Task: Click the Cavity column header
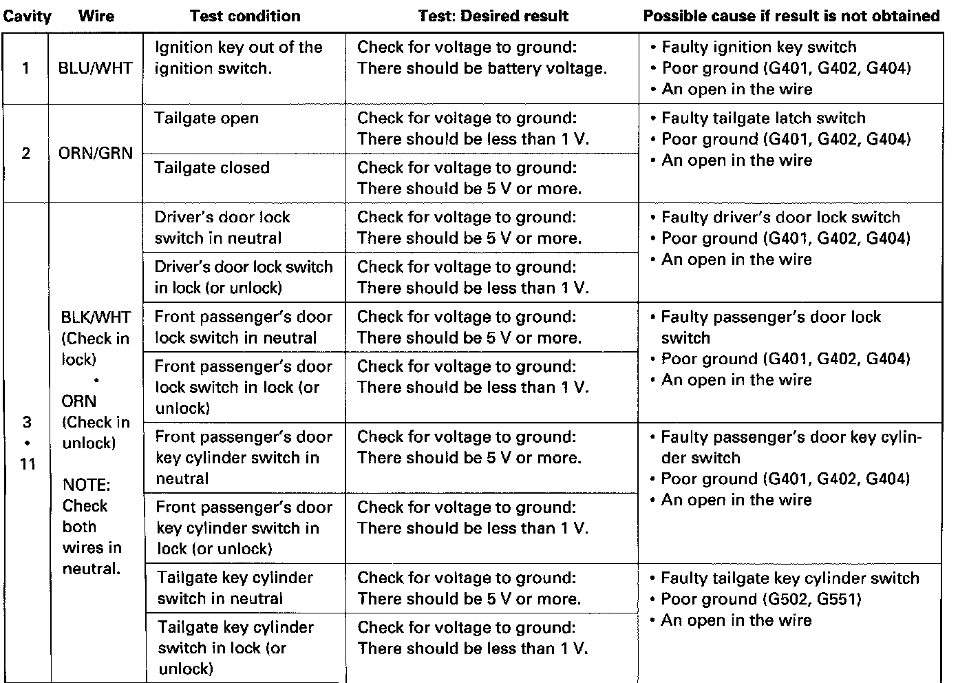[x=27, y=16]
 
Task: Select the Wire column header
[x=96, y=16]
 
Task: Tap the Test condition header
[x=245, y=16]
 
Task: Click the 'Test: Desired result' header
[x=493, y=16]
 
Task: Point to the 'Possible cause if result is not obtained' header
[x=791, y=16]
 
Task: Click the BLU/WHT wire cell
[x=96, y=69]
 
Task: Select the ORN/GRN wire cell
[x=96, y=153]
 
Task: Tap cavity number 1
[x=26, y=69]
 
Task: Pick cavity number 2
[x=26, y=153]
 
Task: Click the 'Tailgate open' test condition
[x=206, y=118]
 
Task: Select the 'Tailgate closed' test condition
[x=211, y=168]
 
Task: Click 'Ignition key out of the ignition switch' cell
[x=238, y=58]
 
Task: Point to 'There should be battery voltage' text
[x=482, y=69]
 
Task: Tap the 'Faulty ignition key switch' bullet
[x=758, y=48]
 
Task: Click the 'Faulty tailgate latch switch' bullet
[x=763, y=118]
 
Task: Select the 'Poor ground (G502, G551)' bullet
[x=760, y=599]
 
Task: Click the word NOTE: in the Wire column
[x=86, y=485]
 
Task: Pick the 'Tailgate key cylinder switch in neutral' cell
[x=234, y=588]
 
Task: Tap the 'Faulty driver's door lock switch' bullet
[x=780, y=218]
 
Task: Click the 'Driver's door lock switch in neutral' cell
[x=222, y=228]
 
